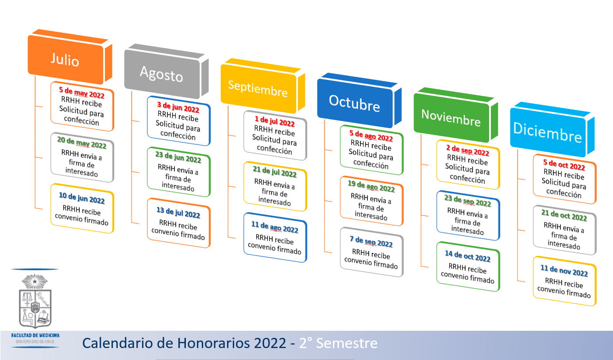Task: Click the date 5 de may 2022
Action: [82, 93]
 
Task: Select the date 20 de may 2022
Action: [82, 143]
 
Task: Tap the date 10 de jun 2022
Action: [82, 198]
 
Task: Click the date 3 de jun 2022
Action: [178, 107]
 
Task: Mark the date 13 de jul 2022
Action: [178, 213]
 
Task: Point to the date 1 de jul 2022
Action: [275, 121]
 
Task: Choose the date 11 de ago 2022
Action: [275, 227]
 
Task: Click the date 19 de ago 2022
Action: [371, 186]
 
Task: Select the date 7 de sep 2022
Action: [371, 241]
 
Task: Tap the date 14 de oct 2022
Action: [468, 256]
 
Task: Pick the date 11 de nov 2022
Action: [564, 271]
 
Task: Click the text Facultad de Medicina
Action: [35, 335]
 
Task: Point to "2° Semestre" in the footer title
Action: [338, 343]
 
